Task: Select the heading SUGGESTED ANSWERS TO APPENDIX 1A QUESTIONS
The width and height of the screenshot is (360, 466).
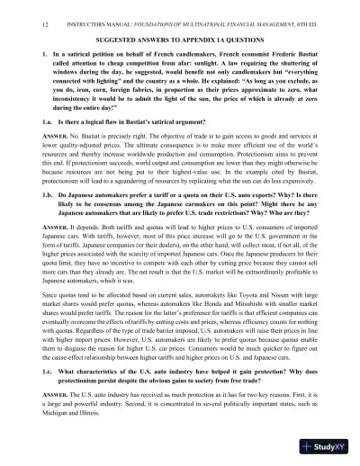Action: (179, 40)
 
